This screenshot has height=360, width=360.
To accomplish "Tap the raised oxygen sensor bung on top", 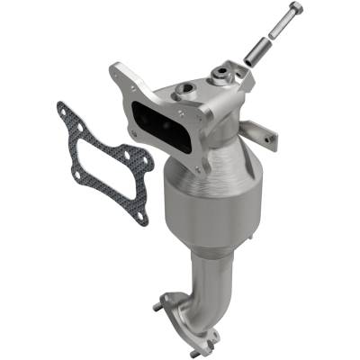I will pyautogui.click(x=219, y=73).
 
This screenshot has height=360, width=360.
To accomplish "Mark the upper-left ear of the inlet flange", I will pyautogui.click(x=117, y=71).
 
